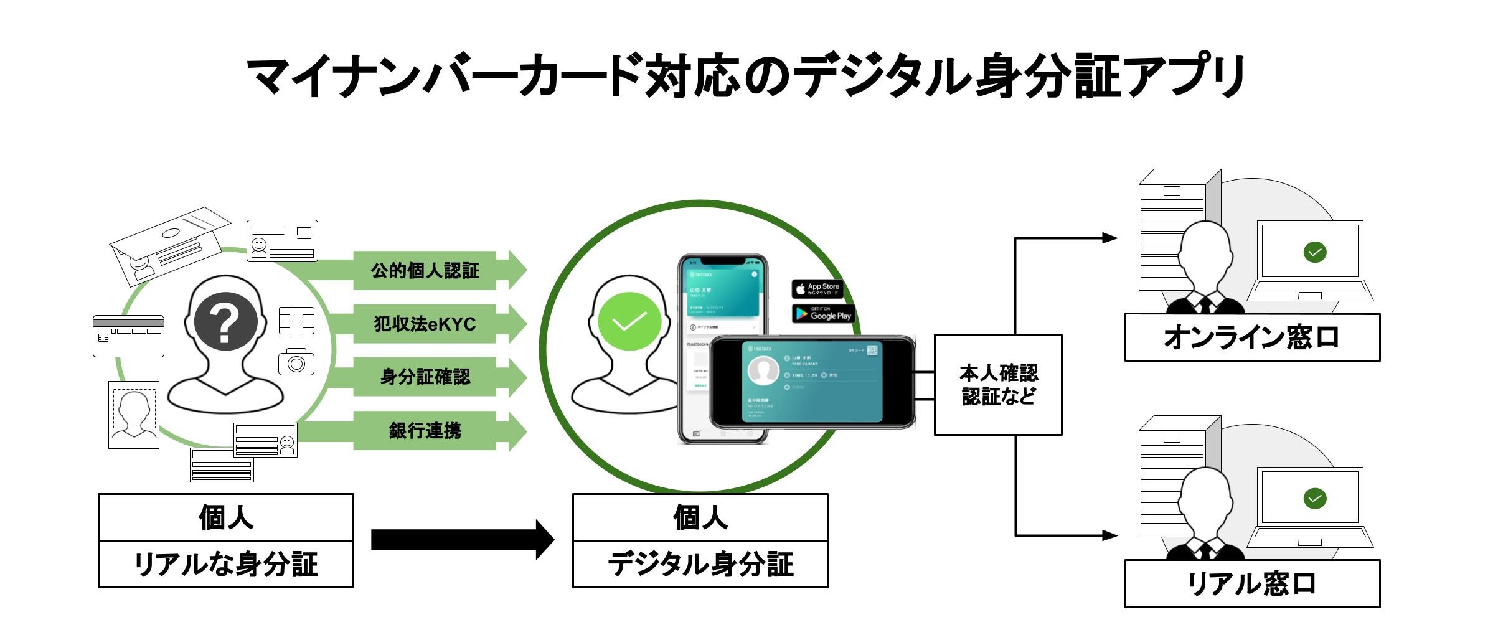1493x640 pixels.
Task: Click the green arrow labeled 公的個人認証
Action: coord(425,271)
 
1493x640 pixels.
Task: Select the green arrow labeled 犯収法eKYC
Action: coord(425,324)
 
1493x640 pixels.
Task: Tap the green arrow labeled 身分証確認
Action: coord(425,377)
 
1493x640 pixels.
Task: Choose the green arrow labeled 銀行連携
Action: coord(425,430)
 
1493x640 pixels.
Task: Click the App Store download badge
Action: coord(817,289)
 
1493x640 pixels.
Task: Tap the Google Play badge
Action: coord(824,314)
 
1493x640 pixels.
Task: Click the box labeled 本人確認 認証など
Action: coord(998,385)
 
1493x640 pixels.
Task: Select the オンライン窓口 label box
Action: coord(1252,337)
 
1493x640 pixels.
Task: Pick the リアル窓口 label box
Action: coord(1252,583)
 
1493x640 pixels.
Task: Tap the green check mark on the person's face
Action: coord(629,321)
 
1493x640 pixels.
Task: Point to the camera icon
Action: coord(296,362)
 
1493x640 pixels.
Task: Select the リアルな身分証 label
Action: coord(226,565)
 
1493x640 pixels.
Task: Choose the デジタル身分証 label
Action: coord(700,565)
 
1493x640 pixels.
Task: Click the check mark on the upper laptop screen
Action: coord(1315,252)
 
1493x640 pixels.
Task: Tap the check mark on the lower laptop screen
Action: coord(1315,498)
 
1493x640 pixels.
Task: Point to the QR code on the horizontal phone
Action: coord(872,350)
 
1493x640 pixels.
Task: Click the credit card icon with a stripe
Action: coord(128,336)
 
